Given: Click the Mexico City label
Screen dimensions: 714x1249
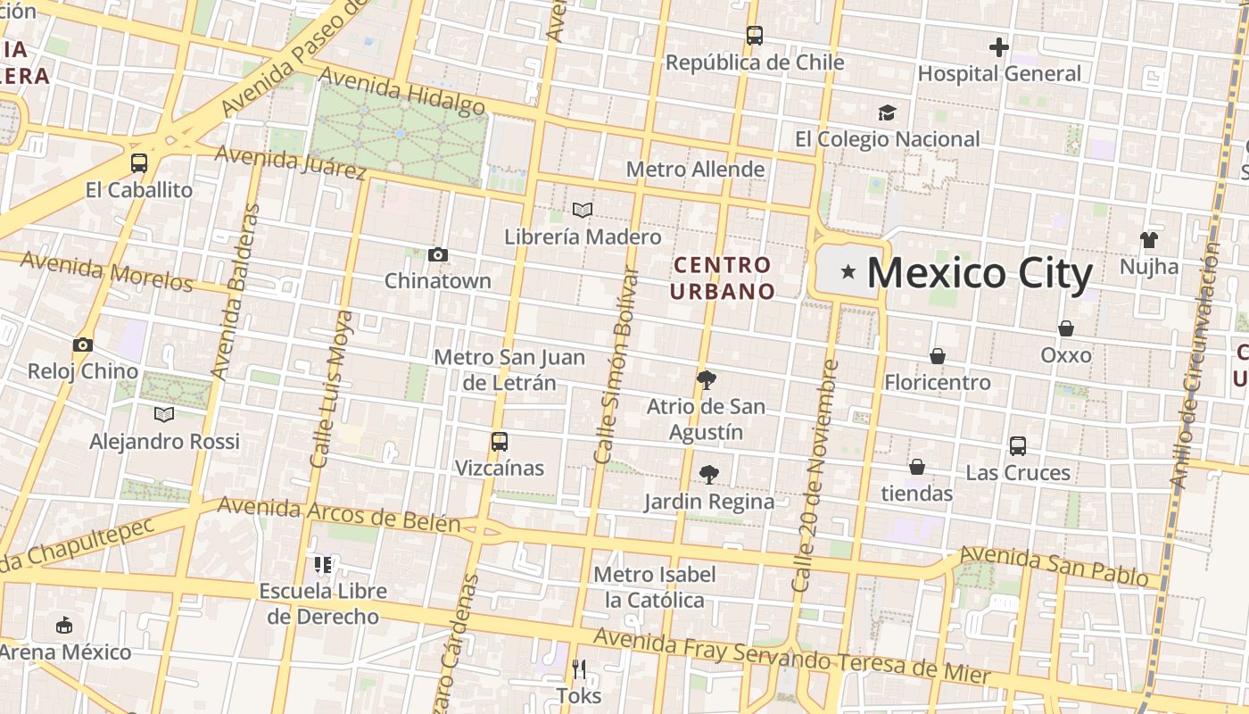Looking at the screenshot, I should click(x=980, y=273).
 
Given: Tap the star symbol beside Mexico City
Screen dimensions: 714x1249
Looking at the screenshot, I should click(x=848, y=270).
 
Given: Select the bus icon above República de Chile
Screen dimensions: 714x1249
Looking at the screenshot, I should click(x=755, y=36).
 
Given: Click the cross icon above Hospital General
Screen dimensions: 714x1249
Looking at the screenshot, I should click(x=999, y=46).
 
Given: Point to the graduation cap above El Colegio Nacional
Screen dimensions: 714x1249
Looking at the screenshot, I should click(x=887, y=112).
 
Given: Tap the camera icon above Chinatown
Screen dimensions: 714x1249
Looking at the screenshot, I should click(x=437, y=254).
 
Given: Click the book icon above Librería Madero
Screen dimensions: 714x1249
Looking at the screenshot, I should click(x=583, y=211).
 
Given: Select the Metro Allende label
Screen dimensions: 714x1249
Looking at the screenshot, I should click(x=695, y=170).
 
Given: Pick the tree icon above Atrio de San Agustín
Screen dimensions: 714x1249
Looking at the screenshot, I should click(x=706, y=380).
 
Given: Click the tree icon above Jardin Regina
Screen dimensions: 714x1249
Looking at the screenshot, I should click(x=709, y=475).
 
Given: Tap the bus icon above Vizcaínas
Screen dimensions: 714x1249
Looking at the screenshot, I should click(x=500, y=441).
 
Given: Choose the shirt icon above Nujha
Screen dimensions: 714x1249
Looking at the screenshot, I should click(x=1149, y=239).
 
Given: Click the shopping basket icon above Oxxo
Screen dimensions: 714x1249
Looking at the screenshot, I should click(x=1065, y=328).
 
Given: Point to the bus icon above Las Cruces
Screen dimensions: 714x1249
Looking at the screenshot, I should click(x=1018, y=445).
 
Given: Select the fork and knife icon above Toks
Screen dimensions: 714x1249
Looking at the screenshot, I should click(x=579, y=668).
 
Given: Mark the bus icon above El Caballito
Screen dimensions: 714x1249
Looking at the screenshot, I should click(x=139, y=162).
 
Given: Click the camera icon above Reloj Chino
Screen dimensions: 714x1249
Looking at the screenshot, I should click(x=83, y=345).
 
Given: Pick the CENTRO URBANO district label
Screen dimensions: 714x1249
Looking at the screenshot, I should click(x=723, y=278).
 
